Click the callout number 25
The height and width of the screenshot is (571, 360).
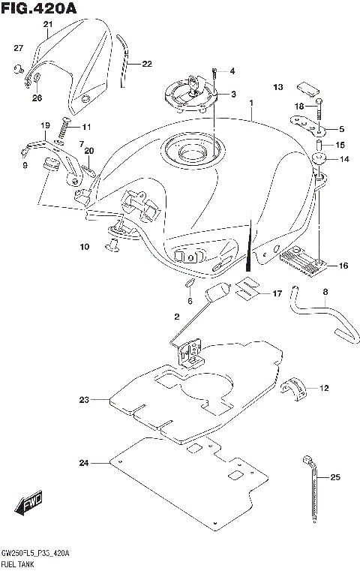pyautogui.click(x=335, y=476)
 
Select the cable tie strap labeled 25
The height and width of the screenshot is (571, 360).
pyautogui.click(x=311, y=494)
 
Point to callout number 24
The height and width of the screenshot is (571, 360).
pyautogui.click(x=82, y=464)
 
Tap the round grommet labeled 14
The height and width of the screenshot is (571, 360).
pyautogui.click(x=320, y=159)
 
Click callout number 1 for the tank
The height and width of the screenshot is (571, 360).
pyautogui.click(x=252, y=103)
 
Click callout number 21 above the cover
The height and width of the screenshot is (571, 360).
pyautogui.click(x=48, y=24)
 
